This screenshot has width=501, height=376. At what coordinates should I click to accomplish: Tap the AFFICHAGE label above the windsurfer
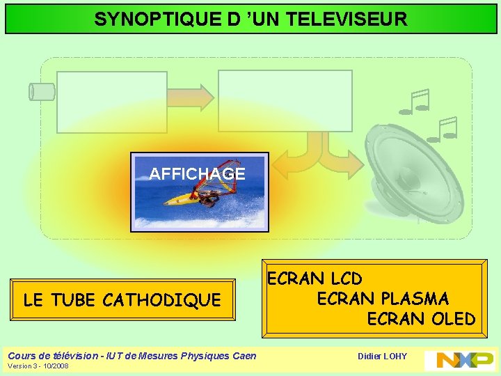point(198,174)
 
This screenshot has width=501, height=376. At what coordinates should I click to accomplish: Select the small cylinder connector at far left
point(41,91)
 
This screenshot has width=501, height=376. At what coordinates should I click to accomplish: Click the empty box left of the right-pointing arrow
point(111,102)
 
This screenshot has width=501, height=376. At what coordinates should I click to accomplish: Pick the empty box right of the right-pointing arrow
point(285,100)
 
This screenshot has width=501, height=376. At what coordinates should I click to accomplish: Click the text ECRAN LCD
point(315,279)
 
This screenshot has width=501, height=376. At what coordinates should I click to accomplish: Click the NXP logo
point(459,360)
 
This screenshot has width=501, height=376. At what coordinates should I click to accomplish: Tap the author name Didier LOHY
point(382,357)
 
